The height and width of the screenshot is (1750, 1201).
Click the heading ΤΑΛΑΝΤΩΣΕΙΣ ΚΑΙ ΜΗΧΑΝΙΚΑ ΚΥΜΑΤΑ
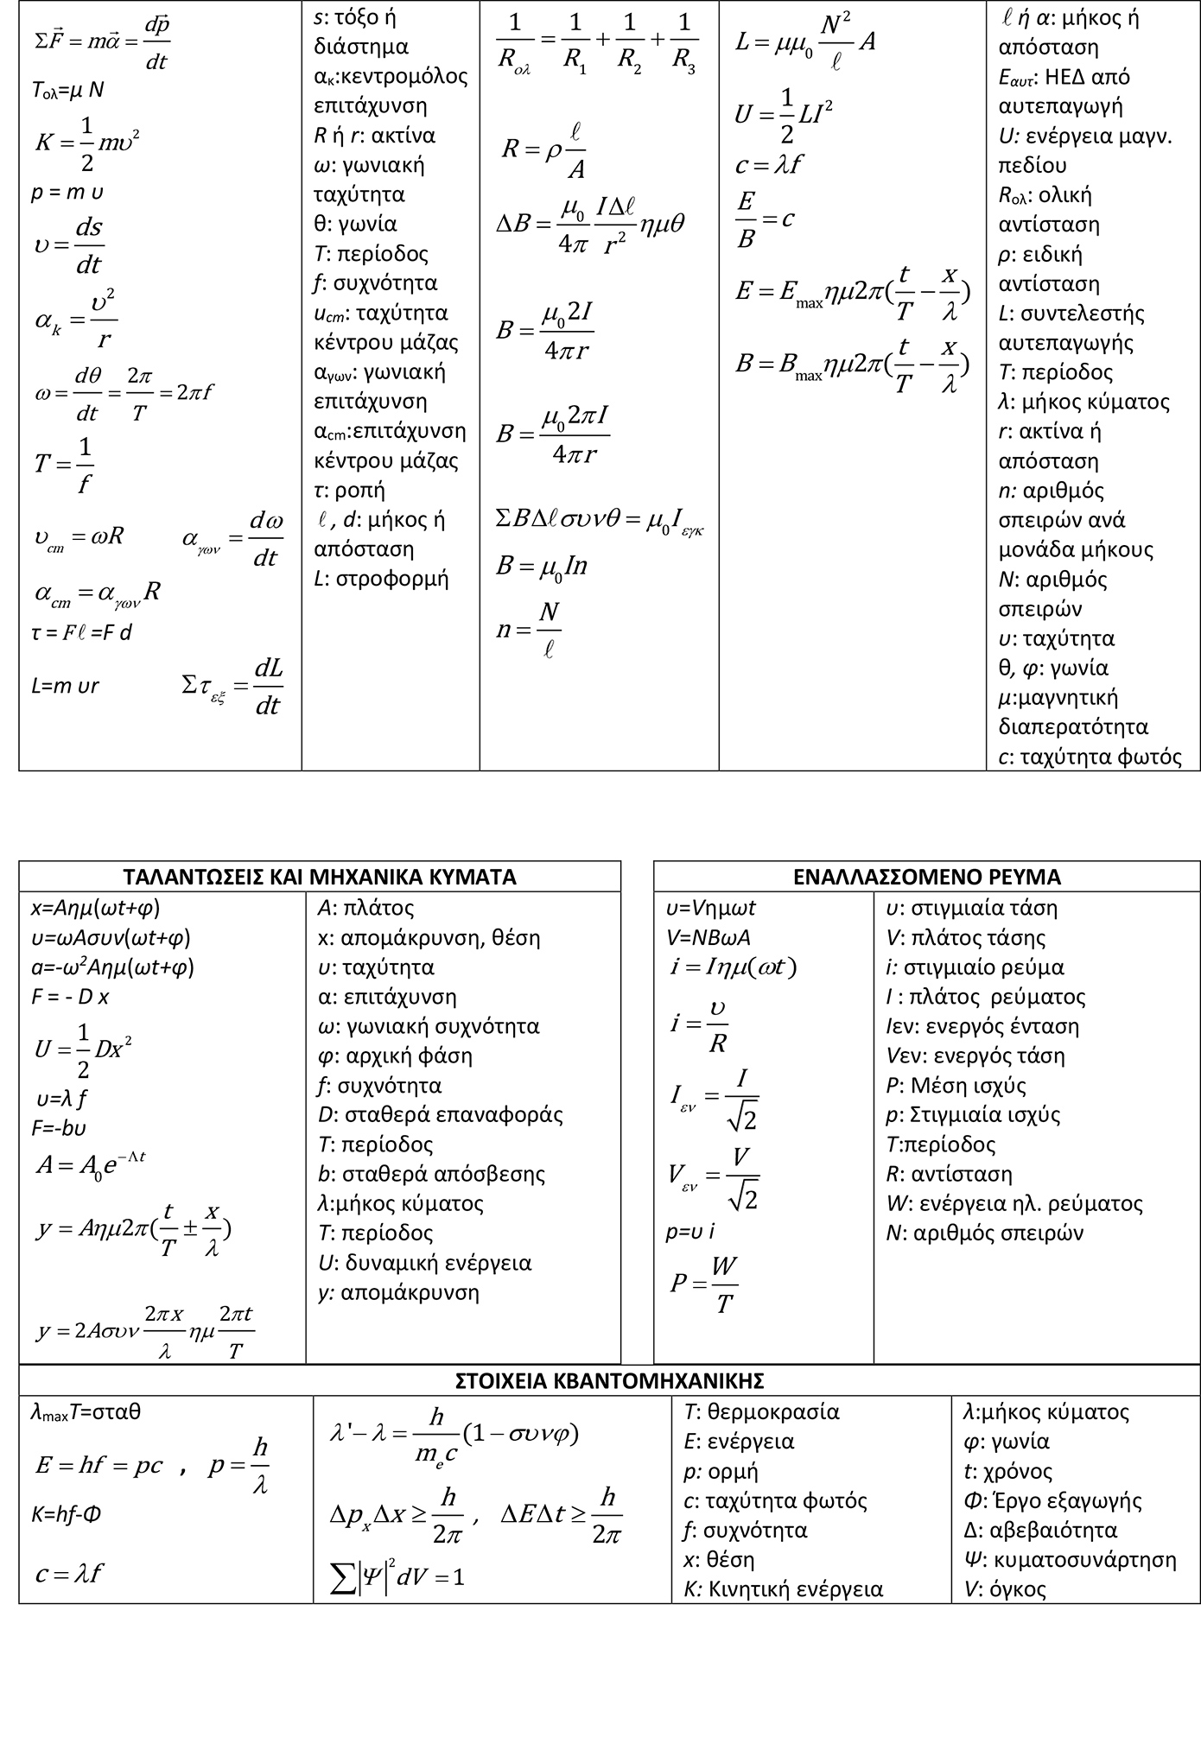click(320, 877)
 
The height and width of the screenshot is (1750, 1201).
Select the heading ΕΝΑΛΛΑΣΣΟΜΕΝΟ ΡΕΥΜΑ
click(926, 877)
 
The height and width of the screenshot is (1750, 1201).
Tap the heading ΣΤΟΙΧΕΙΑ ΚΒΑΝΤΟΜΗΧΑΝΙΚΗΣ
click(609, 1379)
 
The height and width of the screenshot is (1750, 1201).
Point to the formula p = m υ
click(67, 193)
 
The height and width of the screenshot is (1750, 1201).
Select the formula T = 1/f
click(64, 465)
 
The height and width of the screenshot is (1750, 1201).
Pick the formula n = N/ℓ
click(528, 630)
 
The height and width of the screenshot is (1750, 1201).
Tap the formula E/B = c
click(764, 219)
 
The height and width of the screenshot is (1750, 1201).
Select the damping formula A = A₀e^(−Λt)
click(91, 1164)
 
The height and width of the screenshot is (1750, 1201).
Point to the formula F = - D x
click(70, 997)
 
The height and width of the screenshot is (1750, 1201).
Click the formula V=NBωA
click(708, 937)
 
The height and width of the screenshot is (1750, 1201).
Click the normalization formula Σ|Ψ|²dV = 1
click(398, 1577)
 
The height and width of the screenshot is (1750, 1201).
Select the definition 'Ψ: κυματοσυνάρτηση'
click(1070, 1559)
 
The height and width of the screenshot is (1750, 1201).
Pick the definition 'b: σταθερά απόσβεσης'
click(431, 1174)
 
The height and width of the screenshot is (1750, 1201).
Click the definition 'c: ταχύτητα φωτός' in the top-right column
click(1090, 757)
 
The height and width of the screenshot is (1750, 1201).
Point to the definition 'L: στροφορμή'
click(381, 578)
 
